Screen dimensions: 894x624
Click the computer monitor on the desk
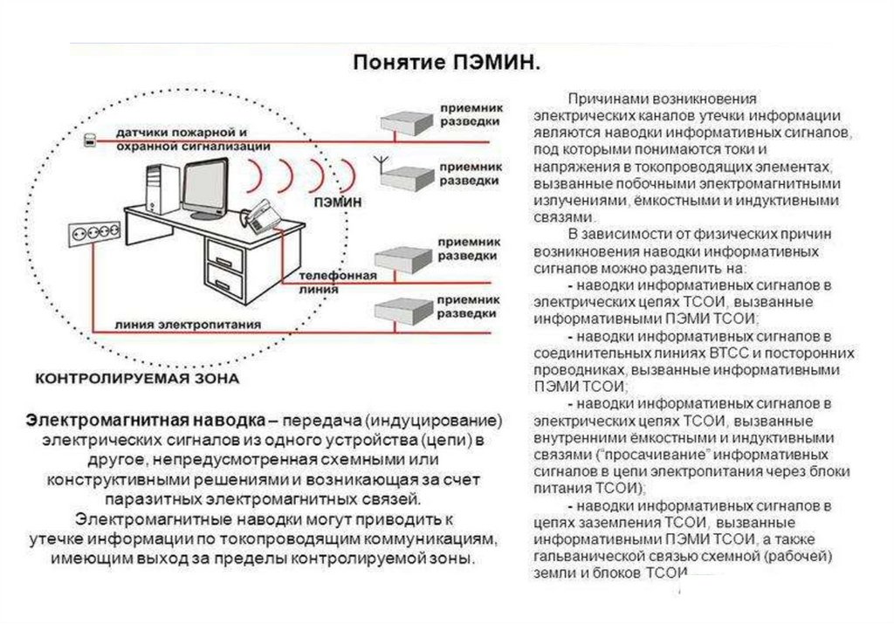click(210, 185)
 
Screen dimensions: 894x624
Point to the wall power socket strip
click(93, 233)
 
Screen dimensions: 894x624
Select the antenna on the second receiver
click(380, 163)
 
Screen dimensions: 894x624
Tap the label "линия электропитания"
click(188, 323)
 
